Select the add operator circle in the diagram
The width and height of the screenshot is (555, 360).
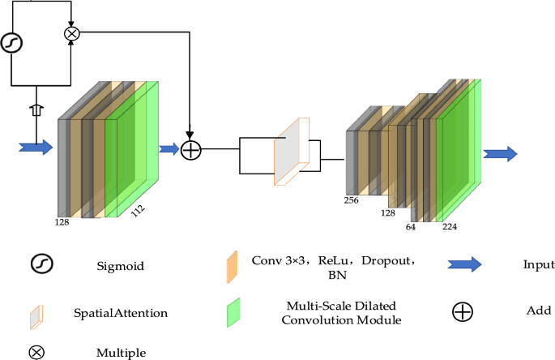[x=190, y=150]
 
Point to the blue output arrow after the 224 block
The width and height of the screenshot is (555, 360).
[x=500, y=154]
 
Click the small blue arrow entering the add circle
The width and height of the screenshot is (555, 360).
[x=169, y=148]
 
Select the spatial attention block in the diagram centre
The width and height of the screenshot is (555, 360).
[x=289, y=151]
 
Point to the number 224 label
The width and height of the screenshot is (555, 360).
[x=450, y=228]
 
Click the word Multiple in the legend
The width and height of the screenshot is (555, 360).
[x=121, y=353]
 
